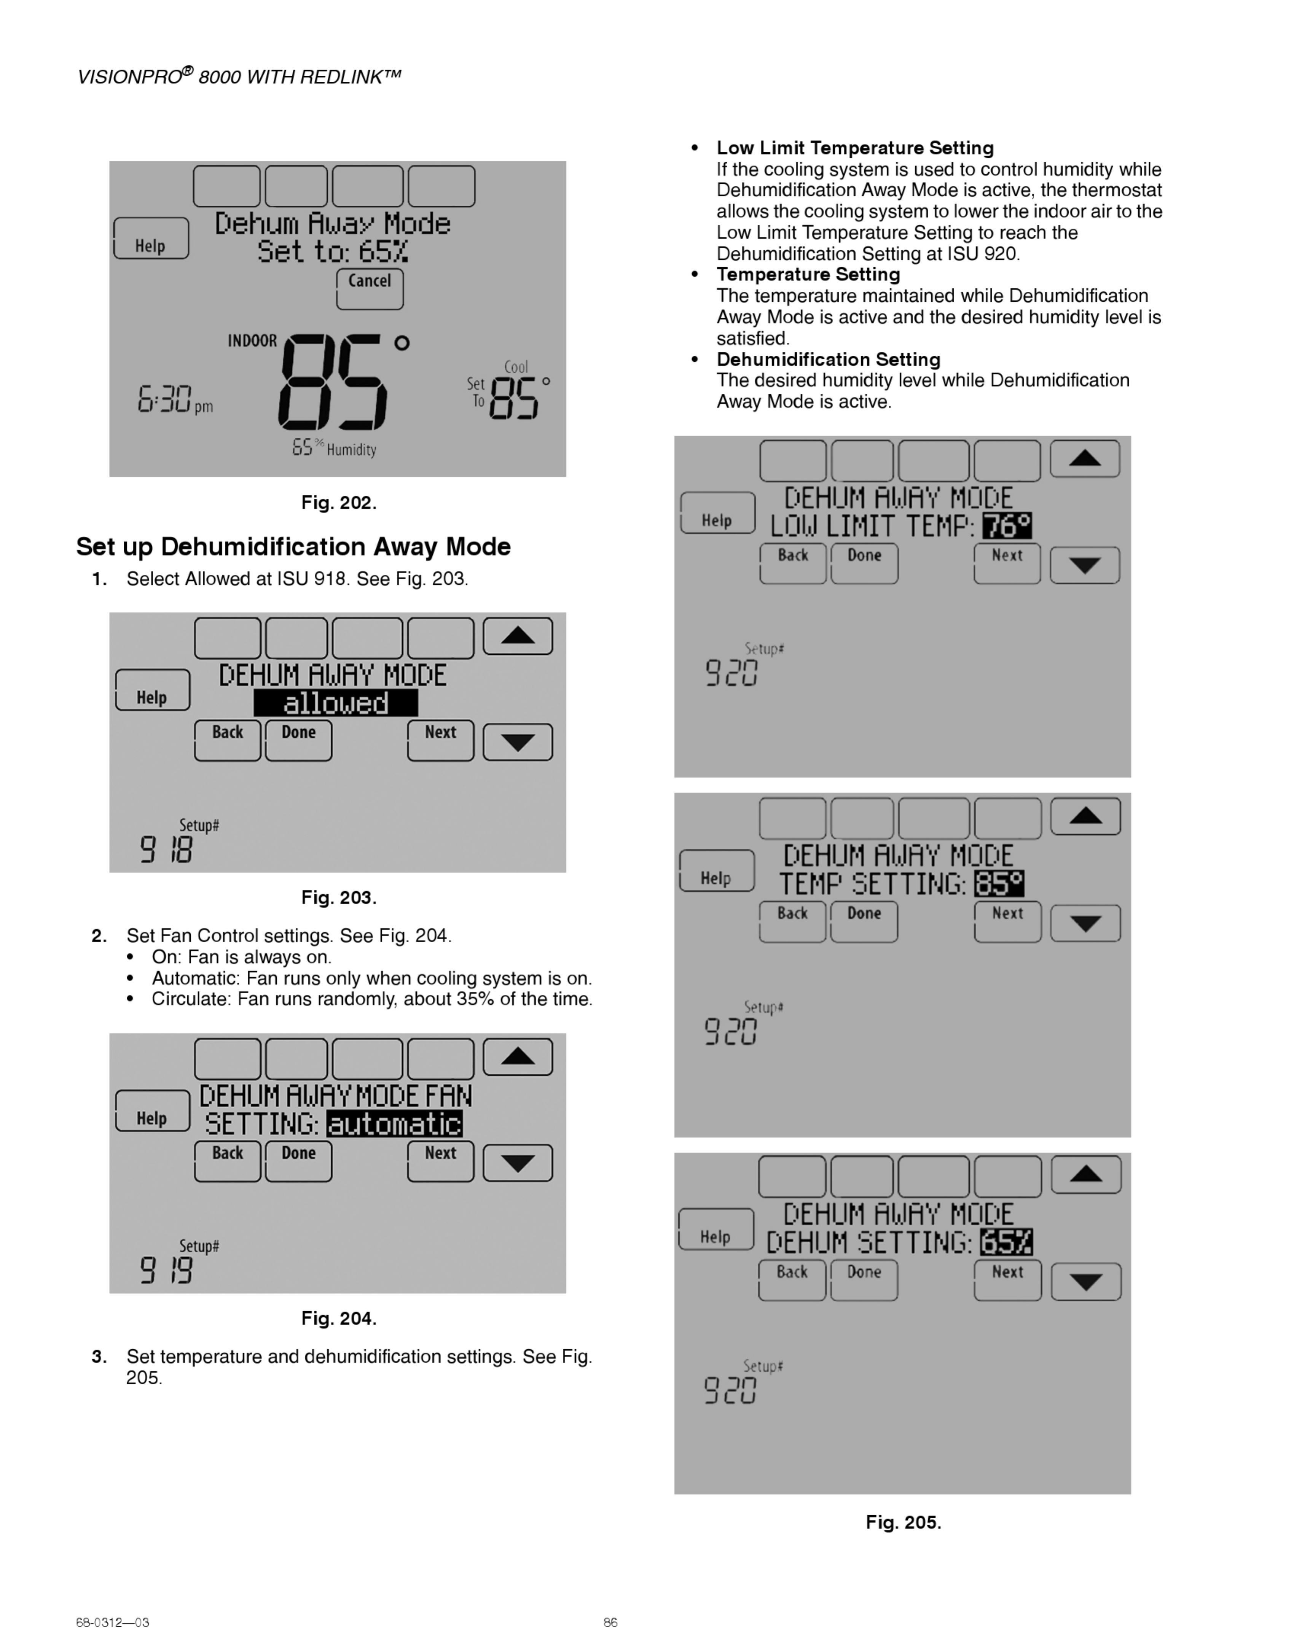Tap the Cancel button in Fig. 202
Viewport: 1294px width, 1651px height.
click(x=370, y=289)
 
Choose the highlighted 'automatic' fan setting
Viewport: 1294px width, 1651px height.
click(x=394, y=1124)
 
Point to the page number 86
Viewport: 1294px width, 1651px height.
click(x=610, y=1622)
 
